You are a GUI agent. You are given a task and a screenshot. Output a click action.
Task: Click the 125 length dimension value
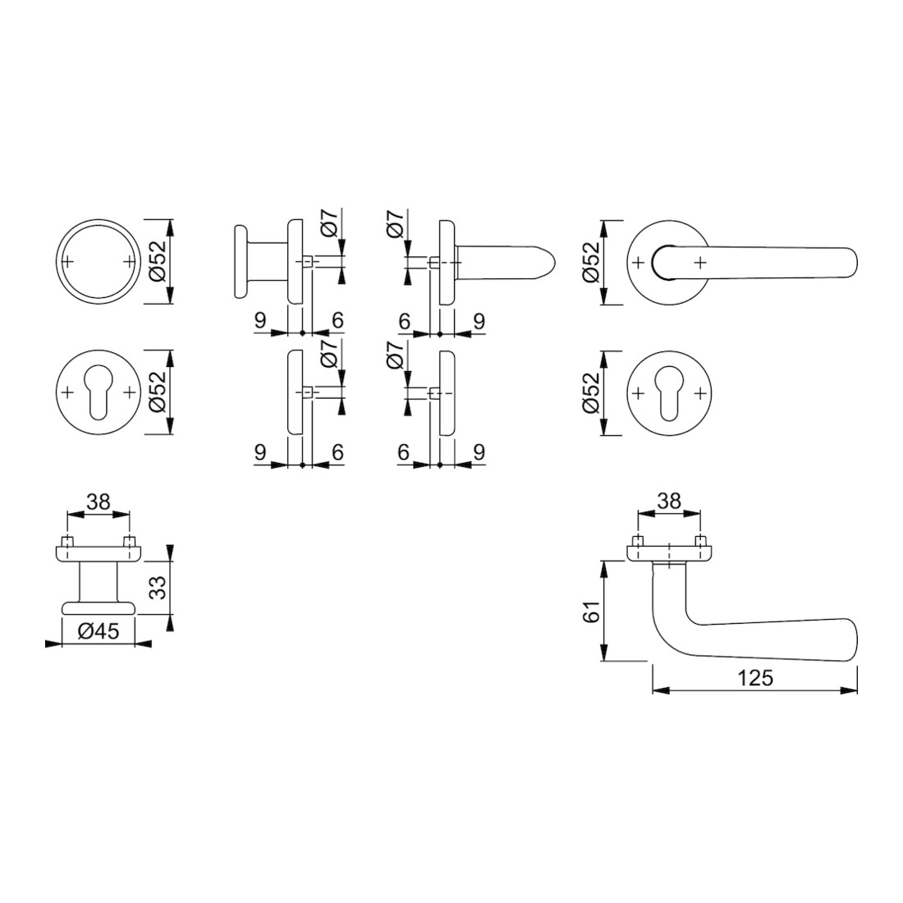tap(755, 678)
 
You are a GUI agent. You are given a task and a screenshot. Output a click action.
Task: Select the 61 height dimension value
tap(591, 611)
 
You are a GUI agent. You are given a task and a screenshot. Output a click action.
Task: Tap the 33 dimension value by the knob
tap(158, 587)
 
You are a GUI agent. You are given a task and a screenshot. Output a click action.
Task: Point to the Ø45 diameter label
tap(99, 631)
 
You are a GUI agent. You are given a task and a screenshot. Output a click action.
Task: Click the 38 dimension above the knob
tap(98, 502)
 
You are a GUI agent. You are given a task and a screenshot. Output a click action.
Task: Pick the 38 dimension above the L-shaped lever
tap(668, 501)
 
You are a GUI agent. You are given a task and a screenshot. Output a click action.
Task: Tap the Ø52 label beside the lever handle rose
tap(591, 261)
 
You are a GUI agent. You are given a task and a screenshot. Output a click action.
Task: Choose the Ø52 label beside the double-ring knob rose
tap(158, 261)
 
